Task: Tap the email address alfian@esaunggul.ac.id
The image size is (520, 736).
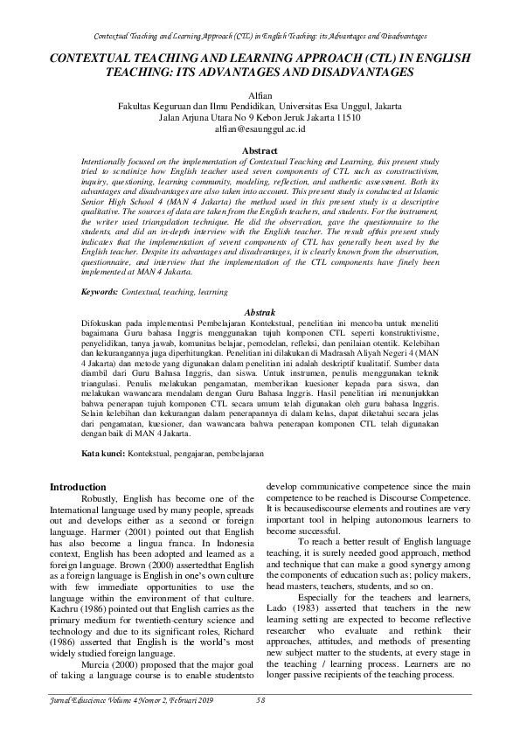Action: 260,128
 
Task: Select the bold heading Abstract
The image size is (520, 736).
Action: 260,150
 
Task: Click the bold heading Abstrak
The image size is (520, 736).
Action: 260,312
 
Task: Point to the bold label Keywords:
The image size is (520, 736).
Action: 100,288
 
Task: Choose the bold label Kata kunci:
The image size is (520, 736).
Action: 102,455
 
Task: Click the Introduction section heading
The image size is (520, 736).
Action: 78,487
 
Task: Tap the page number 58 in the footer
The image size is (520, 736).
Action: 260,700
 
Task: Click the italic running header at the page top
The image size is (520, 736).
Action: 260,38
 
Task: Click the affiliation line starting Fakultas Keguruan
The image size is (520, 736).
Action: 260,104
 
